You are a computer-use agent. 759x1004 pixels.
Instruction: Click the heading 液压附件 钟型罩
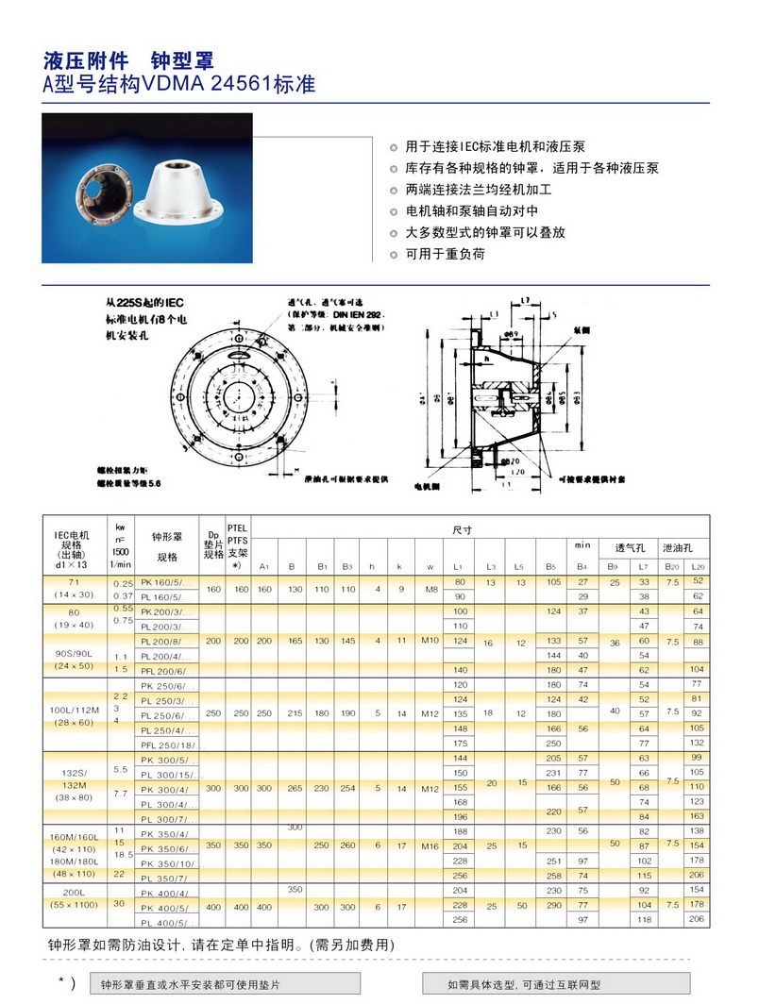129,62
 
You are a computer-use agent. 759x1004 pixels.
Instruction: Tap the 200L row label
83,891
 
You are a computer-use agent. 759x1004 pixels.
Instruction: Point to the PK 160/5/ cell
165,582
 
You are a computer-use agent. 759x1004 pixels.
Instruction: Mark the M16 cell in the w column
430,846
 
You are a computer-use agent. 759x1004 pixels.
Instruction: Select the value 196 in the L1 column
461,816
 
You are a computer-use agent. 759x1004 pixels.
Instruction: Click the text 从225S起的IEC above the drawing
143,304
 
